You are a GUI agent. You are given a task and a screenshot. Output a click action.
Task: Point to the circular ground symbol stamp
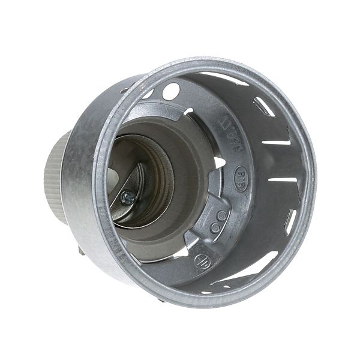(x=201, y=262)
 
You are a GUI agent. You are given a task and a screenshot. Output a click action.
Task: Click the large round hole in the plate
(x=170, y=91)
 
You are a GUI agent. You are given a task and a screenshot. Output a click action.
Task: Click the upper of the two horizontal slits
(x=276, y=142)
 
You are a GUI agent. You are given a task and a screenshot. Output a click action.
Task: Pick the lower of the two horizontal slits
(x=282, y=179)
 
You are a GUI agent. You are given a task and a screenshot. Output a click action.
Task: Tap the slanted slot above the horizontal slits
(x=264, y=106)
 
